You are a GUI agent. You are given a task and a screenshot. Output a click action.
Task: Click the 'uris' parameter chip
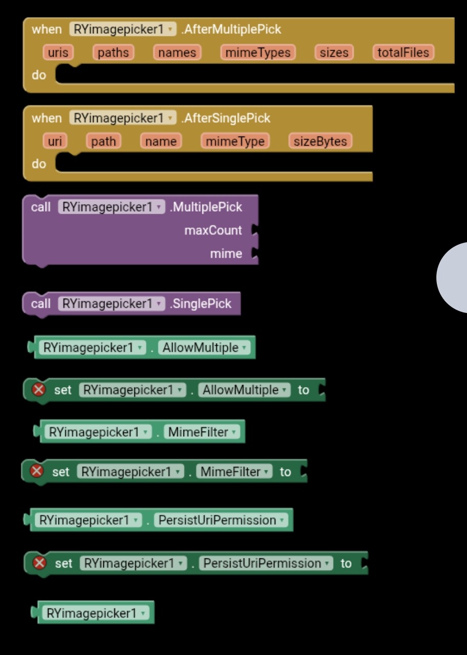(58, 52)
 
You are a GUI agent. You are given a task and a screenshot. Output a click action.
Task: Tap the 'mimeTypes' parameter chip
(258, 52)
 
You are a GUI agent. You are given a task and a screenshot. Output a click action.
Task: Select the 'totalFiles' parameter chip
(403, 52)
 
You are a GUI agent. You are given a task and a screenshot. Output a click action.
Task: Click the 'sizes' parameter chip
(334, 52)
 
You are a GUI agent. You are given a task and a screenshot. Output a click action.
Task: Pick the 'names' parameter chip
(177, 52)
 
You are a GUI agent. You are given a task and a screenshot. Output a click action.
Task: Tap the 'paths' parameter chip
(113, 52)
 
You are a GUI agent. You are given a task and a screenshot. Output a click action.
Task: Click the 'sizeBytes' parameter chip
(320, 141)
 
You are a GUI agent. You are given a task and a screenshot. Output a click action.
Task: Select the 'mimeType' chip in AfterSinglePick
(235, 141)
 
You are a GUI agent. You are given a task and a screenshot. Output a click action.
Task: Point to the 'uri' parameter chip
(54, 141)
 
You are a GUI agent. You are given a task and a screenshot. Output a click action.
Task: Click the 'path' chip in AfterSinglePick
(103, 141)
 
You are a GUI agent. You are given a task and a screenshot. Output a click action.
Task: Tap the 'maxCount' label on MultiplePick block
(213, 231)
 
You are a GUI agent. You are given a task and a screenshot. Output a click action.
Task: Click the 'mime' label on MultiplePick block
(226, 254)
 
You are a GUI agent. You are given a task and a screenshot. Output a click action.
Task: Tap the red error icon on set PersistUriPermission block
(39, 563)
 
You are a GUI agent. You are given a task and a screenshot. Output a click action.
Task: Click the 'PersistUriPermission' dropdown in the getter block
(221, 520)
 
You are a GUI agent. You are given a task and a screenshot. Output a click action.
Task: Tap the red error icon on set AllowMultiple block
(39, 390)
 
